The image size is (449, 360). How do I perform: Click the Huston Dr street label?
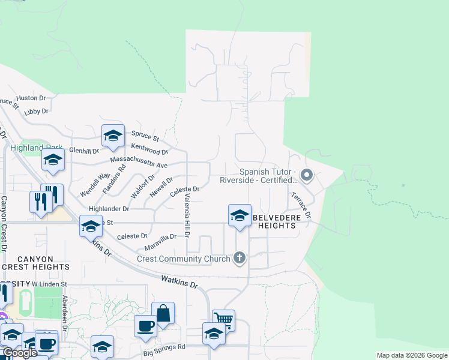(31, 98)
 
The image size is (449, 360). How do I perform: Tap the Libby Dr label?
(36, 112)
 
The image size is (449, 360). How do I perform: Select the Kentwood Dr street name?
(149, 150)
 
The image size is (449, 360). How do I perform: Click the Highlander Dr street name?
(109, 209)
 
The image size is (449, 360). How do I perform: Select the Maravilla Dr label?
(160, 237)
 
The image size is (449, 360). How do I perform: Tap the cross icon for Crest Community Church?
(240, 259)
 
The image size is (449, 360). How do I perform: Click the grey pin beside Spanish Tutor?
(307, 175)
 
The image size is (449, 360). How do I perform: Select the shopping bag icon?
(163, 313)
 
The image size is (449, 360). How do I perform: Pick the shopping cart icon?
(223, 320)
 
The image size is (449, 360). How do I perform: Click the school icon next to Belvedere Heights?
(239, 215)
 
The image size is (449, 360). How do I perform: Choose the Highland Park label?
(35, 148)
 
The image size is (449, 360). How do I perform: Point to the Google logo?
(20, 353)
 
